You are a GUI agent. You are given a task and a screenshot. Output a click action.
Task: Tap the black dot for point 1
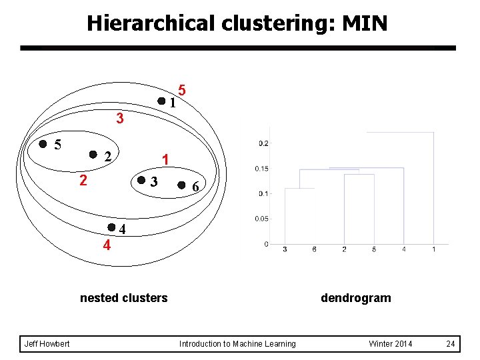(161, 101)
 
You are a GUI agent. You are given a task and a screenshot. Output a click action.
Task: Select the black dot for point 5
(43, 143)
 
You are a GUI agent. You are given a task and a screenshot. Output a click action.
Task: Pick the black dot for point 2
(93, 155)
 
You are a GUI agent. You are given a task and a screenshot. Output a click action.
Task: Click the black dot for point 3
(141, 180)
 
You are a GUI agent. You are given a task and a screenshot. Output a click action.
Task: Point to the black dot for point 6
(182, 185)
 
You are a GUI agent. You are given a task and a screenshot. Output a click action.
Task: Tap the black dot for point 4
(111, 227)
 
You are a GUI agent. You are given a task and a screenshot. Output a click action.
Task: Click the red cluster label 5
(182, 90)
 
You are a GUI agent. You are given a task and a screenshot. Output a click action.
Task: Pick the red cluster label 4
(107, 245)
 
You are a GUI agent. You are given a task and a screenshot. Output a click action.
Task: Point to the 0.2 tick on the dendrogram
(263, 143)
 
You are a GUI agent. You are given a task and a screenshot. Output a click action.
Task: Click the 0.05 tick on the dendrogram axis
(261, 219)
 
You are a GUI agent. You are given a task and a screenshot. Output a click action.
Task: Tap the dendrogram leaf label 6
(314, 249)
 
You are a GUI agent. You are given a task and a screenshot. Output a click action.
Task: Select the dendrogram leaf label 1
(434, 249)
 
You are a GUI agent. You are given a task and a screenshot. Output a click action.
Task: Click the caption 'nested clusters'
(123, 298)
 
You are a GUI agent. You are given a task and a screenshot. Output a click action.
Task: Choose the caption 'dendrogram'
(355, 298)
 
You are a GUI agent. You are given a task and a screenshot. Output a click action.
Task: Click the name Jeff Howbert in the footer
(47, 344)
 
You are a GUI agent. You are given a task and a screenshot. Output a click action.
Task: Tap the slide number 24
(451, 344)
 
